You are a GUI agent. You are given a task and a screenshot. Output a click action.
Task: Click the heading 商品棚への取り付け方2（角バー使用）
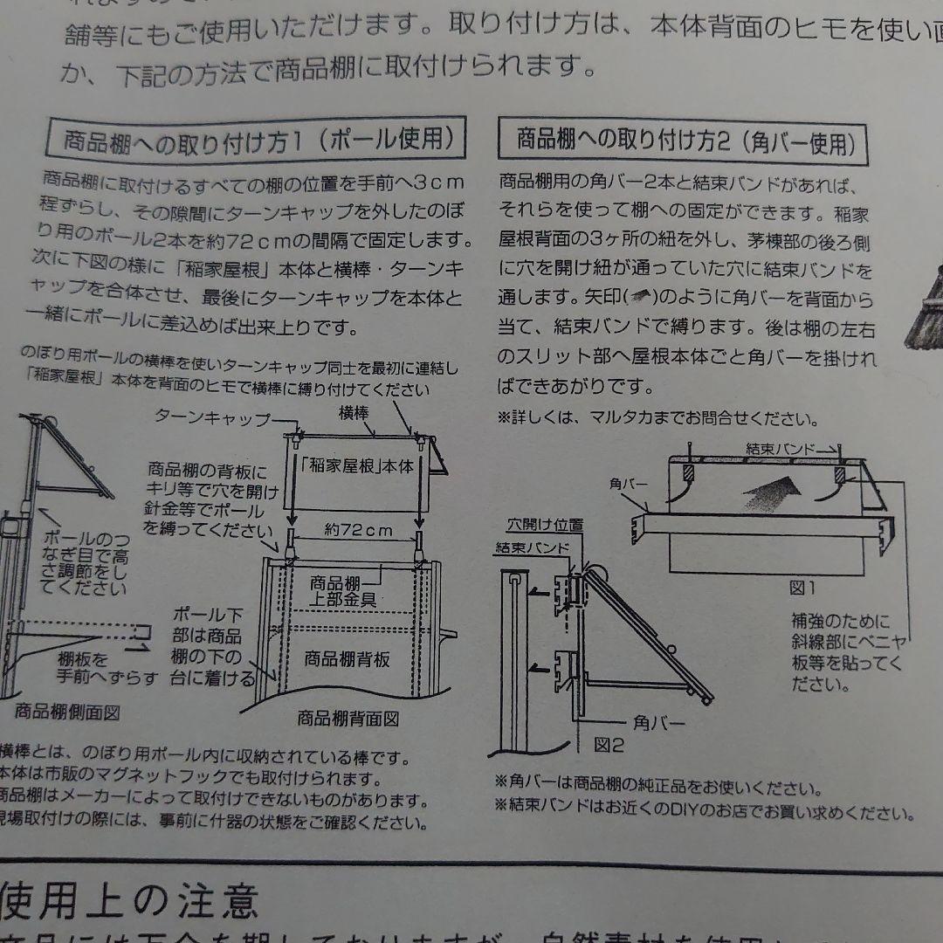(x=683, y=141)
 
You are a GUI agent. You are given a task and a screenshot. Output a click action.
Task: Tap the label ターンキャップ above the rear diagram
(x=213, y=416)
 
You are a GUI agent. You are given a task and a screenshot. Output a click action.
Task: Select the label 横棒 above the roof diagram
(x=354, y=410)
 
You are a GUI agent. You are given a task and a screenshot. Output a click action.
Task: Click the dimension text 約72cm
(x=358, y=530)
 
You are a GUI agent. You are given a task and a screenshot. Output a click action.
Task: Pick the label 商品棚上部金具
(x=341, y=591)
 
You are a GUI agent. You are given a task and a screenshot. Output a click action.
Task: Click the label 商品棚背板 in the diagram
(x=348, y=659)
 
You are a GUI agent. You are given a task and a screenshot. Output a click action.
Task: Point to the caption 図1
(x=802, y=588)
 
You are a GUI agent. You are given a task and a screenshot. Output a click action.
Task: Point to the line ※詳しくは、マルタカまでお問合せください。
(x=658, y=417)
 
